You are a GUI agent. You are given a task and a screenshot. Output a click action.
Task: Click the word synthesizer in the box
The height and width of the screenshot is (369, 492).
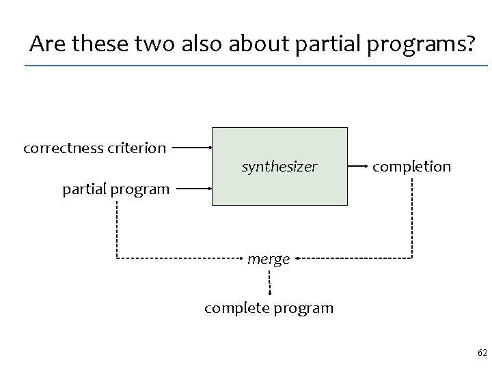pyautogui.click(x=279, y=166)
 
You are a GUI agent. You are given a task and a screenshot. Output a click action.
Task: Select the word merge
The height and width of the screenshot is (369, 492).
pyautogui.click(x=269, y=259)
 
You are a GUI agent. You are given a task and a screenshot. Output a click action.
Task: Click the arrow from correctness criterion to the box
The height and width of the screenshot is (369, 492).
pyautogui.click(x=191, y=147)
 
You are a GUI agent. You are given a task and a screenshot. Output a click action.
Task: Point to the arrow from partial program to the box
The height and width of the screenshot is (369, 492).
pyautogui.click(x=191, y=188)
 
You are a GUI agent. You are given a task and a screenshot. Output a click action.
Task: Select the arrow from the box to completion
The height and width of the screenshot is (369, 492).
pyautogui.click(x=358, y=166)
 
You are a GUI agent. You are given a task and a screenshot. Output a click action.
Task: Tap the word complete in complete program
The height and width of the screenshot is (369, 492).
pyautogui.click(x=237, y=308)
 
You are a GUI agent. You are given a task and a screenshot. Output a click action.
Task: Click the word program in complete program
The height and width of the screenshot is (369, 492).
pyautogui.click(x=303, y=308)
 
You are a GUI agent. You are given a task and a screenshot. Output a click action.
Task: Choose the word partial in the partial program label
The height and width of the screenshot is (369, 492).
pyautogui.click(x=85, y=189)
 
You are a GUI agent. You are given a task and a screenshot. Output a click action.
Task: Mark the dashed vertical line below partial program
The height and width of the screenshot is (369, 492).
pyautogui.click(x=117, y=229)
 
